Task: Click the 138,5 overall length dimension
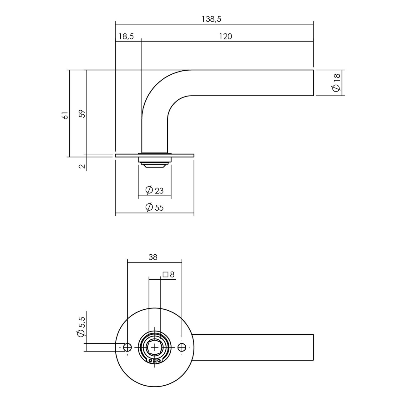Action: (211, 19)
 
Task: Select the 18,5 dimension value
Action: (126, 37)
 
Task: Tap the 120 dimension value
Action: (225, 37)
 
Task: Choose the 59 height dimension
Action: (82, 113)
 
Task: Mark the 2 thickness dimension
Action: (82, 166)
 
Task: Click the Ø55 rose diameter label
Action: (155, 207)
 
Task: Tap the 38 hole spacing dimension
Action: (153, 257)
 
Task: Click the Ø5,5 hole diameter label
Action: (81, 327)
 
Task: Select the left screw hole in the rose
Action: (127, 347)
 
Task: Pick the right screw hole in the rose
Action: (182, 347)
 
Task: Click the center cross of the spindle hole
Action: (155, 347)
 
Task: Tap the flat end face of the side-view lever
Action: (313, 83)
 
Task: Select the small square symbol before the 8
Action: (166, 275)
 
